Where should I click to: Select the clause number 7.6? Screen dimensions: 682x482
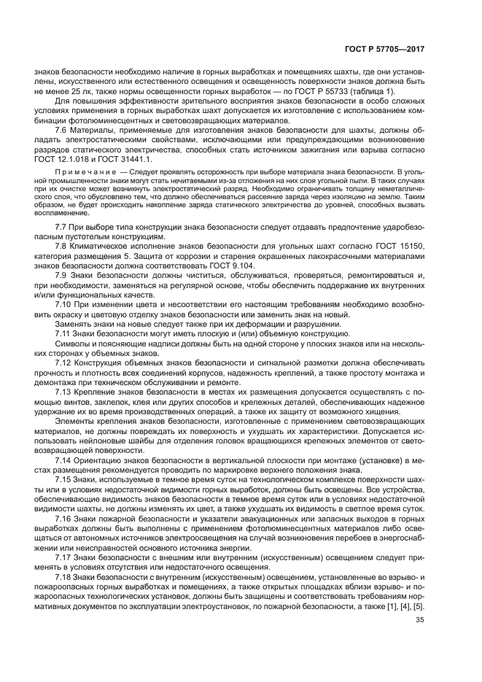63,129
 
